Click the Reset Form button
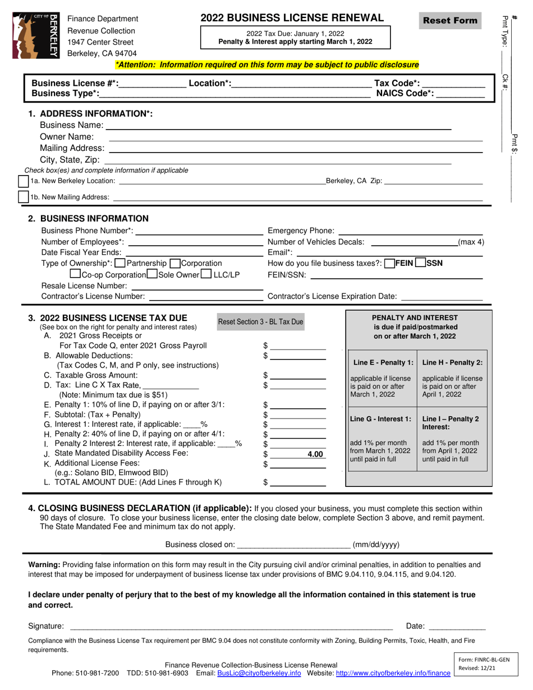451,21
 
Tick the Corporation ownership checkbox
174,263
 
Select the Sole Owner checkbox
151,274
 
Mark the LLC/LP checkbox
206,274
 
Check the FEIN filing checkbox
389,263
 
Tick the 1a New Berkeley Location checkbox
24,181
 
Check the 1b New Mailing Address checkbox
24,197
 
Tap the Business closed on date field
294,544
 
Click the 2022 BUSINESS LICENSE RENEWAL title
292,18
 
